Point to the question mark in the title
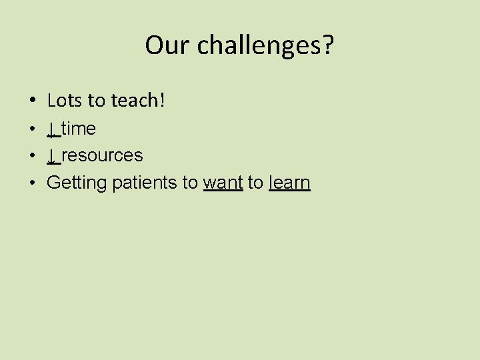(329, 45)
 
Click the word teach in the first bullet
(135, 101)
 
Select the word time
(79, 128)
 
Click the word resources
(102, 156)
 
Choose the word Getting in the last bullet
(77, 183)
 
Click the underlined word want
(223, 183)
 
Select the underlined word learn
(289, 183)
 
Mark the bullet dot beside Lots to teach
(33, 101)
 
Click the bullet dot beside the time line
(33, 129)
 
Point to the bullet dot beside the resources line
(33, 156)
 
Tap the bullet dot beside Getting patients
(33, 183)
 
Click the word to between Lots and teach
(97, 101)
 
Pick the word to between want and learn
(255, 183)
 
